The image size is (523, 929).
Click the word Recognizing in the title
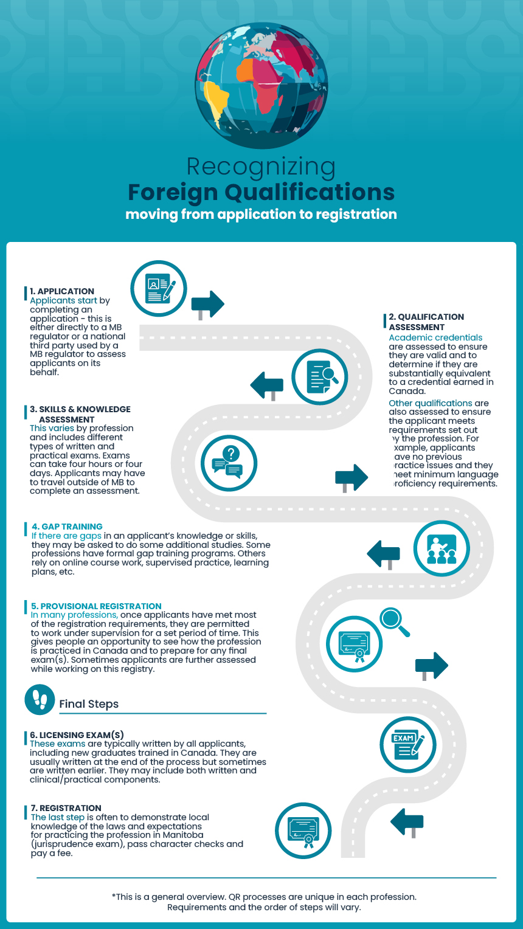261,167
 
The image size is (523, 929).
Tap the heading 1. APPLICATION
62,291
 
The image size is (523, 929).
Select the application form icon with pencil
159,289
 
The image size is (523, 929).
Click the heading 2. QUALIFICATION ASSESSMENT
426,322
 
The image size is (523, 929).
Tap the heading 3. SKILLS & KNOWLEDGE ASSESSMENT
80,414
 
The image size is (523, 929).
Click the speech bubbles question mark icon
229,463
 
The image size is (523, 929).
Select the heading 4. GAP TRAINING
67,527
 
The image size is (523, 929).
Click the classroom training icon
442,548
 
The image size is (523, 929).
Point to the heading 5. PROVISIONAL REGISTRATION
96,606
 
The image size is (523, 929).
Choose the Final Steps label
89,704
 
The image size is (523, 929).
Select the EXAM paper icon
408,745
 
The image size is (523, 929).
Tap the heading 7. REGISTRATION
66,808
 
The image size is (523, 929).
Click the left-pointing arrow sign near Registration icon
407,823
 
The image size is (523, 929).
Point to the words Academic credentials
435,337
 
